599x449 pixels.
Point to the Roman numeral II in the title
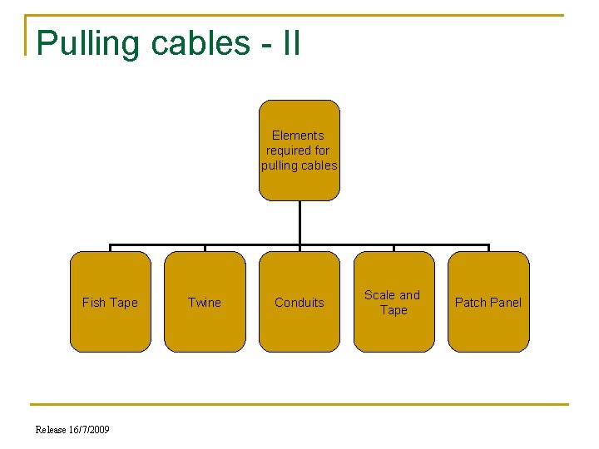[x=290, y=42]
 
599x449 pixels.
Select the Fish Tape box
[x=110, y=302]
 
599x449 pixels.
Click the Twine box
[x=205, y=302]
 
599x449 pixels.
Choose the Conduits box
[x=299, y=302]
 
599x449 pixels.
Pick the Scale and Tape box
[x=394, y=302]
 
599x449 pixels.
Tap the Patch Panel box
[x=488, y=302]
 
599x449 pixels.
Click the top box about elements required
[x=299, y=150]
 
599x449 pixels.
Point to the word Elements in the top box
[x=298, y=136]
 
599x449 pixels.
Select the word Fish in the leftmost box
[x=94, y=303]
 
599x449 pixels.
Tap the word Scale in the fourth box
[x=380, y=295]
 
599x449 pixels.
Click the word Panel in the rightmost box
[x=505, y=303]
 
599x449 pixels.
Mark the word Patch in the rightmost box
[x=470, y=303]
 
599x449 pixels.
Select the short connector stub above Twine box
[x=205, y=248]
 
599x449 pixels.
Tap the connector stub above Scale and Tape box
[x=394, y=248]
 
